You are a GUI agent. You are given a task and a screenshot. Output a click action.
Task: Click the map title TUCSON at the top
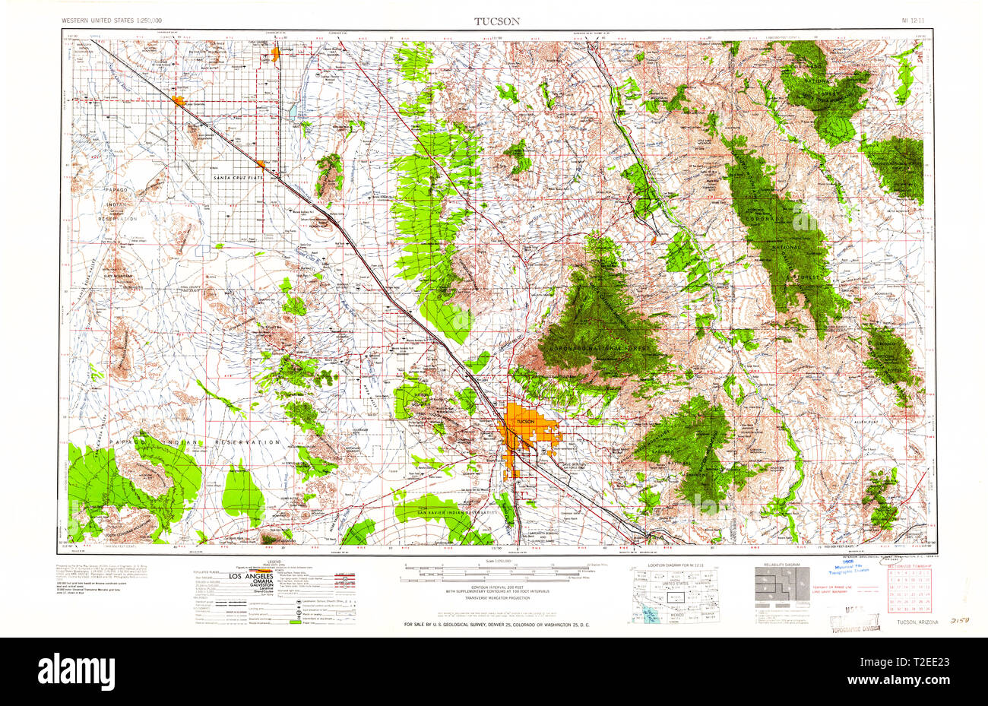click(497, 21)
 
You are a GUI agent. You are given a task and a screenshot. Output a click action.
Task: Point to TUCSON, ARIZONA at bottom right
click(917, 622)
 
